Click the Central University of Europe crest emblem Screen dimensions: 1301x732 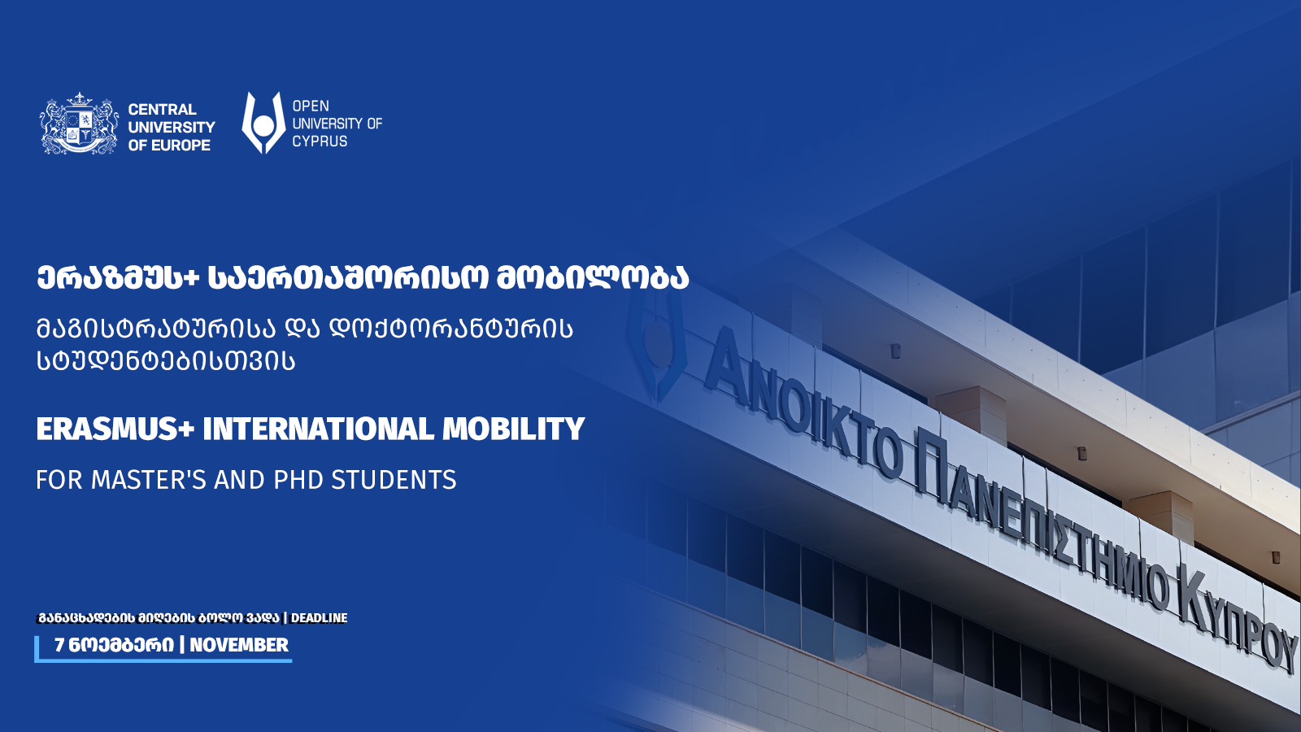click(79, 123)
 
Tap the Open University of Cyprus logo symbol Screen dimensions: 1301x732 click(263, 123)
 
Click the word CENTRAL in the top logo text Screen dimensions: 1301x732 click(162, 109)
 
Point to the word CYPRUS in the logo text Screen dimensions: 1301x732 click(320, 142)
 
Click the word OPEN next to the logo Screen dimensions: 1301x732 click(311, 106)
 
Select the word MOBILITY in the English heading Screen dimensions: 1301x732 click(513, 429)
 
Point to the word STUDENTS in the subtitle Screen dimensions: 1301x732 click(394, 480)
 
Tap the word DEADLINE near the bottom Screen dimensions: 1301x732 click(319, 618)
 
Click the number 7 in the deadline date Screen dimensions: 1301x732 click(59, 645)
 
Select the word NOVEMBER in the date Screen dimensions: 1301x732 click(239, 645)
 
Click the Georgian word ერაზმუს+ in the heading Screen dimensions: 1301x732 click(118, 278)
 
